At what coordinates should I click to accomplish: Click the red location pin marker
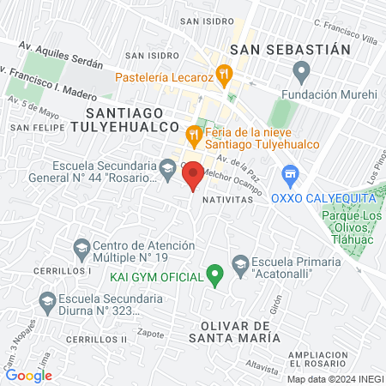193,175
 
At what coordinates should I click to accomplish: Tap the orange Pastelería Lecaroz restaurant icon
224,74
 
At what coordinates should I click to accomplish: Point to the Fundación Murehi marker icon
301,69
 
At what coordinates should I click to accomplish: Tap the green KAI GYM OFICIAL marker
215,276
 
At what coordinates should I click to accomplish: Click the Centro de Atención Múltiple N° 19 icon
81,248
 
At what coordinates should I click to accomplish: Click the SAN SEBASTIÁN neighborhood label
286,49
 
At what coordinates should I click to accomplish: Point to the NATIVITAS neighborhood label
228,198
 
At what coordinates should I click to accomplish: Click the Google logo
28,375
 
